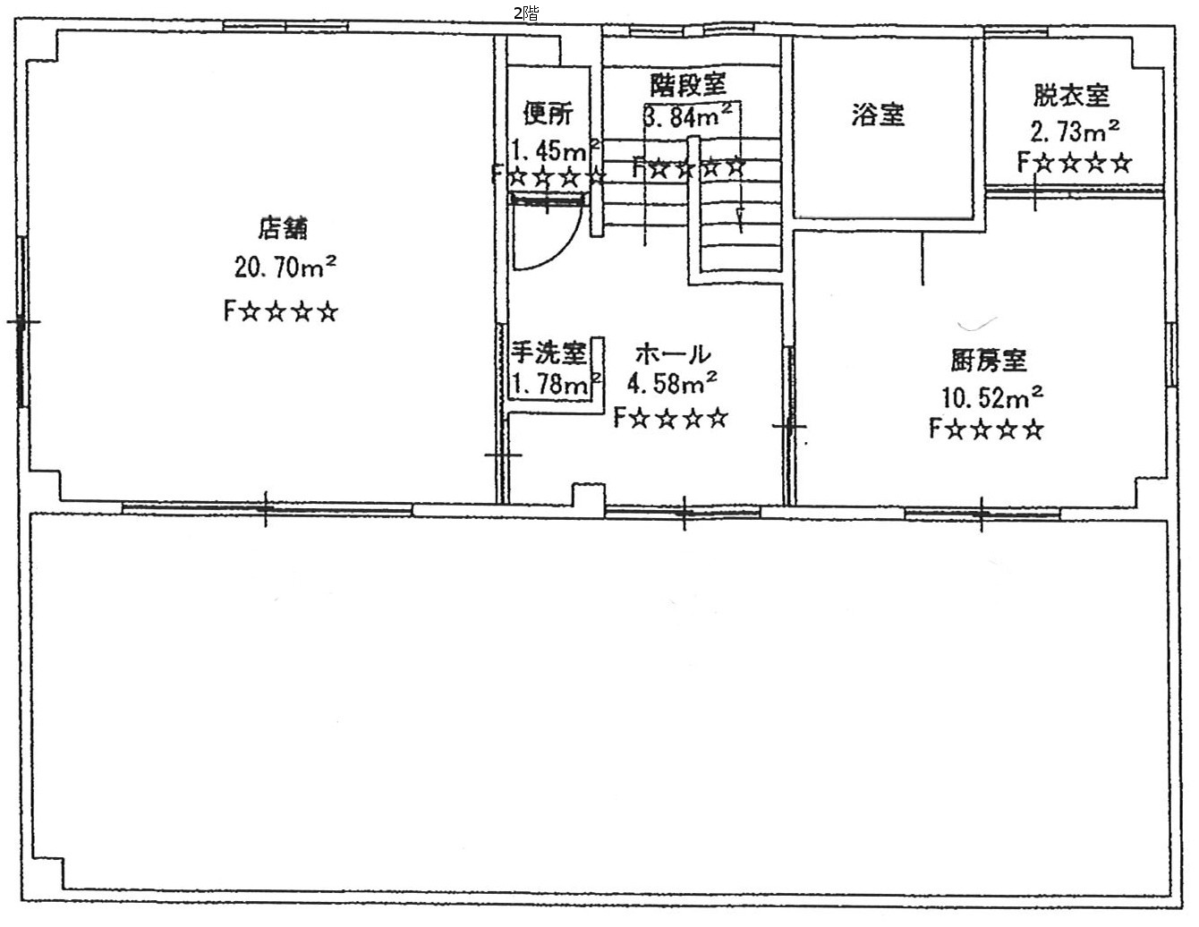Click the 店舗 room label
[x=283, y=228]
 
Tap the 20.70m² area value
[x=285, y=267]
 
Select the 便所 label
[x=548, y=113]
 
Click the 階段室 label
[x=688, y=84]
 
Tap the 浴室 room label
[x=878, y=115]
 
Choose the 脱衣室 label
[x=1071, y=95]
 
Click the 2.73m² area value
[x=1075, y=131]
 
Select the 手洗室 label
[x=548, y=353]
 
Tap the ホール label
[x=673, y=354]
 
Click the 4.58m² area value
[x=672, y=383]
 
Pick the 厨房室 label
[x=988, y=361]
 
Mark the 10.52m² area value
[x=992, y=396]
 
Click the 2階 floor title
[x=526, y=13]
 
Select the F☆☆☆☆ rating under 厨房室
[x=986, y=429]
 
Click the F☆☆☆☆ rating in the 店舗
[x=280, y=311]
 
